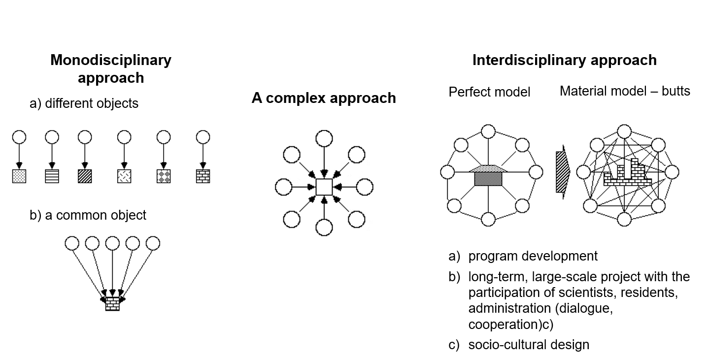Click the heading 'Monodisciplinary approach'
(111, 69)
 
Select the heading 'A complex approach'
(324, 98)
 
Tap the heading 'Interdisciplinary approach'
(564, 60)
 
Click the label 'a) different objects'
(84, 104)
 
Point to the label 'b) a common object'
(88, 215)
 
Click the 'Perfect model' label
(489, 92)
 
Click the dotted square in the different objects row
(19, 176)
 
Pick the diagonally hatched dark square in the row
(85, 176)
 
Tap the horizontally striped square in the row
(52, 176)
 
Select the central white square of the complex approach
(324, 188)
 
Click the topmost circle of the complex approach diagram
(324, 138)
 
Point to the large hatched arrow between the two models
(562, 172)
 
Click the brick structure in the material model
(626, 175)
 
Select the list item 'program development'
(533, 256)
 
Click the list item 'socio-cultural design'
(529, 344)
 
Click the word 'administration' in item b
(509, 309)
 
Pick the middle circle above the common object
(113, 243)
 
